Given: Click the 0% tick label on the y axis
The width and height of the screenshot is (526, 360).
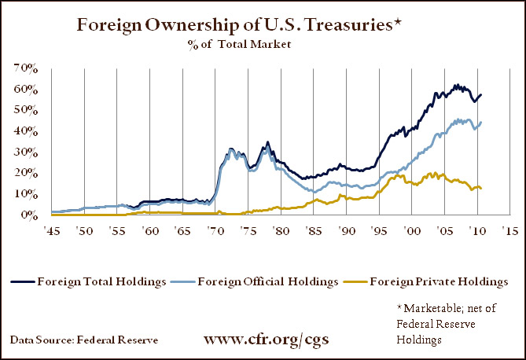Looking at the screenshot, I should point(29,214).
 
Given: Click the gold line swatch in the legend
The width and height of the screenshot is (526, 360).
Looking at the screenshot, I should point(366,281).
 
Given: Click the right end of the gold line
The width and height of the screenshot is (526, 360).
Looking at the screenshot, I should point(481,189).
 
